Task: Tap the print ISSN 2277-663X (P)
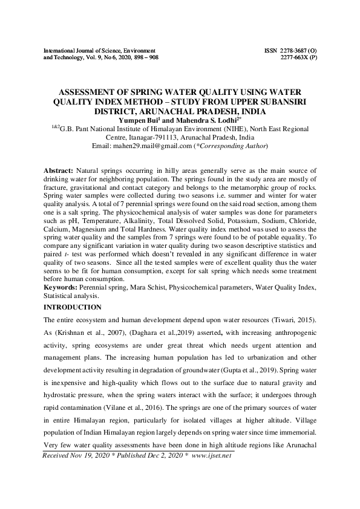[x=298, y=57]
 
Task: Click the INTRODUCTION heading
[x=74, y=308]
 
